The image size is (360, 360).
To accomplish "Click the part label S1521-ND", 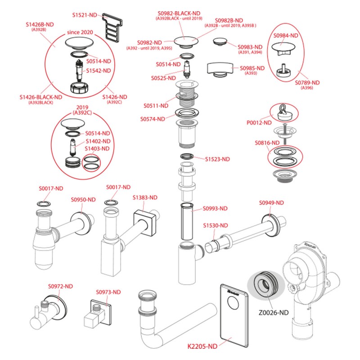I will click(x=85, y=15).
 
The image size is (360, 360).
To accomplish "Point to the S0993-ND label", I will click(x=215, y=208).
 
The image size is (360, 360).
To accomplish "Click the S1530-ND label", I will click(x=215, y=225).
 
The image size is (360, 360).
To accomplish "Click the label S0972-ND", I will click(x=60, y=286).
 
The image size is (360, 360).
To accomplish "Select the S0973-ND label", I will click(x=108, y=292).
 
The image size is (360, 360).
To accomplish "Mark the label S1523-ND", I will click(x=217, y=159).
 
